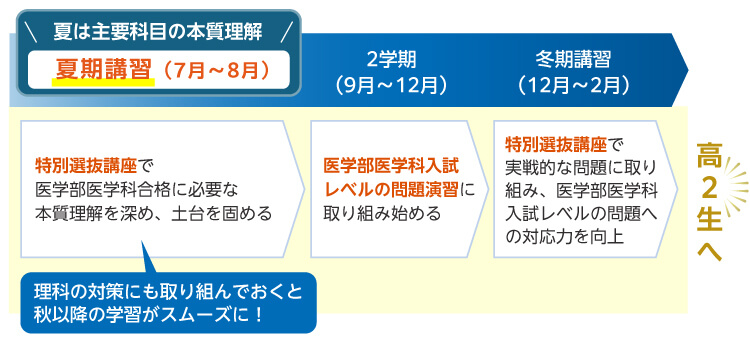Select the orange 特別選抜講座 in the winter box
(557, 142)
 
